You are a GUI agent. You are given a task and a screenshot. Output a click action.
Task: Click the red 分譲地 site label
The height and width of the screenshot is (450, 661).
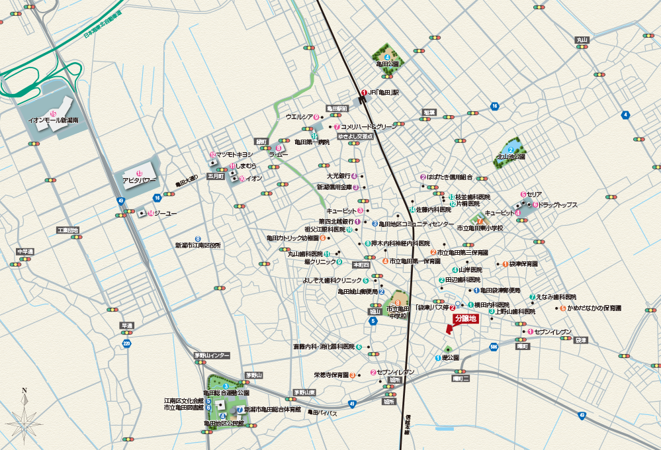(465, 318)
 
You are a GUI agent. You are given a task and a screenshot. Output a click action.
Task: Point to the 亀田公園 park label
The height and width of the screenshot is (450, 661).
(388, 64)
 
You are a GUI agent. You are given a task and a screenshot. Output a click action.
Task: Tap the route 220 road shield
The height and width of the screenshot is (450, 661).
(126, 343)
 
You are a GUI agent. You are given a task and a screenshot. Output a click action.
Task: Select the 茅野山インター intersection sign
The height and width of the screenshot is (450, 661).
(212, 356)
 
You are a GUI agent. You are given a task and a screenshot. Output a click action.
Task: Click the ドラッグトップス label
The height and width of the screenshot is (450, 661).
(558, 205)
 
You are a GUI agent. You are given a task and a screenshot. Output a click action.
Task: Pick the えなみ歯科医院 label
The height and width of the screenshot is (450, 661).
(556, 296)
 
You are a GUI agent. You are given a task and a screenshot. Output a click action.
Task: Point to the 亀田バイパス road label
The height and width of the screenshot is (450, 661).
(324, 413)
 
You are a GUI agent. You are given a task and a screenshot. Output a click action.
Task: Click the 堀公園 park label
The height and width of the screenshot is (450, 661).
(450, 357)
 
